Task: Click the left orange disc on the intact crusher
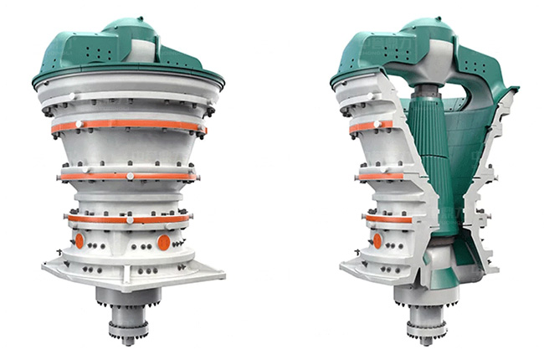click(80, 240)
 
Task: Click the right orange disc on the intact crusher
click(163, 242)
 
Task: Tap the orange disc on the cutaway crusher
click(377, 240)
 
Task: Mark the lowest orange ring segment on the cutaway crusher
click(378, 219)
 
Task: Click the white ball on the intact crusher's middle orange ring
click(131, 177)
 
